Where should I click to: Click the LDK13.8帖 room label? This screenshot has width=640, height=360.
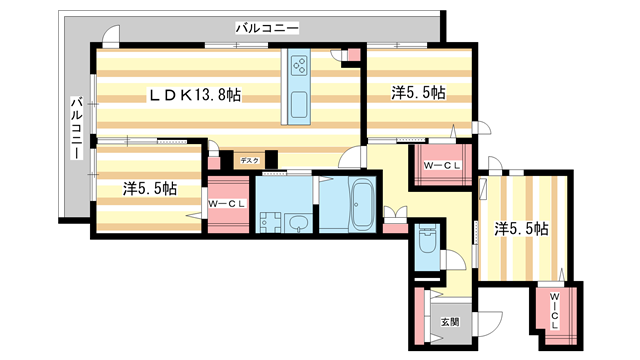196,95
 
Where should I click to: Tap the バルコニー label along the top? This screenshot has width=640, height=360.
267,29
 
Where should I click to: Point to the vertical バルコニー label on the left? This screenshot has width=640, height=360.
76,130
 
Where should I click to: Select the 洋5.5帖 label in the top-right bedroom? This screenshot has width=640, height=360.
418,93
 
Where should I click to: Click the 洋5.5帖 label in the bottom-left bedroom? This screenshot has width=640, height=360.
150,188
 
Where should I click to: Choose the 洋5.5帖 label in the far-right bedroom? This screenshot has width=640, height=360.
521,228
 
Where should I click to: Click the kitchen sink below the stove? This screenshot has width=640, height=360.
299,103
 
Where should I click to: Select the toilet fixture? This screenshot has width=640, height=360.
427,243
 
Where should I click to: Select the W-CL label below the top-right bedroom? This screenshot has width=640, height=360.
441,165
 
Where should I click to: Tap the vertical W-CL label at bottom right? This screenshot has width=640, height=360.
553,313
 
